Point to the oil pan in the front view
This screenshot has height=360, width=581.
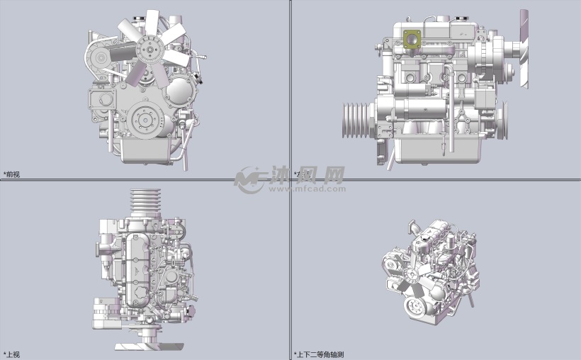pyautogui.click(x=147, y=150)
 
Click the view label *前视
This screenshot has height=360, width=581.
pyautogui.click(x=12, y=174)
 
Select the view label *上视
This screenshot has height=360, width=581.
pyautogui.click(x=12, y=354)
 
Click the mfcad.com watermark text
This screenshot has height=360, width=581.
pyautogui.click(x=306, y=189)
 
